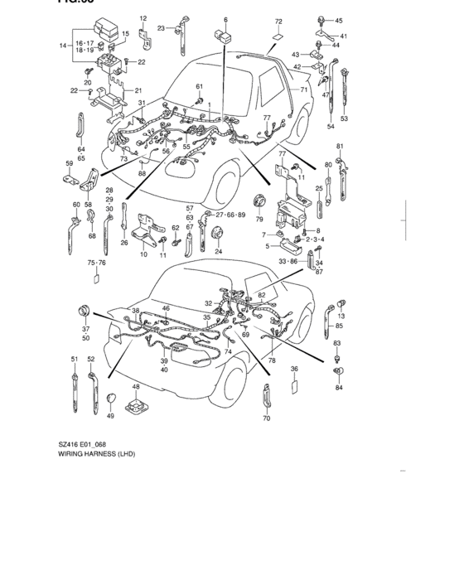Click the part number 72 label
(x=278, y=21)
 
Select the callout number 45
(x=338, y=21)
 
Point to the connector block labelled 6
(x=223, y=36)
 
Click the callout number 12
(x=143, y=18)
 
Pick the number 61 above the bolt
(x=199, y=86)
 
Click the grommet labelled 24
(x=219, y=233)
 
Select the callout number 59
(x=69, y=163)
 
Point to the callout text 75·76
(x=96, y=262)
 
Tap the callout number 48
(x=136, y=387)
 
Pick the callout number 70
(x=266, y=419)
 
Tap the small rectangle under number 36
(x=294, y=386)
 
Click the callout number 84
(x=339, y=387)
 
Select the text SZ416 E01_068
(x=82, y=444)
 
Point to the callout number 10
(x=143, y=254)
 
